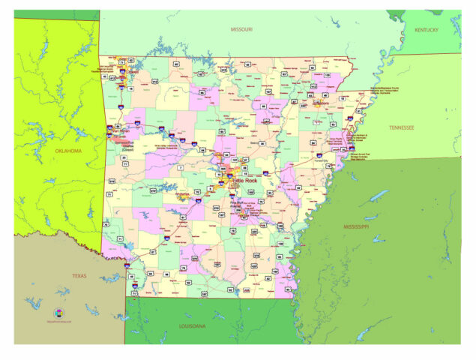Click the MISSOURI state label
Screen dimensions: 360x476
coord(241,30)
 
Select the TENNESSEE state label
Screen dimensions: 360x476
coord(406,127)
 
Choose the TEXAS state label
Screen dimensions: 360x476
coord(79,275)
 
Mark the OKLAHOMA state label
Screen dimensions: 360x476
coord(68,151)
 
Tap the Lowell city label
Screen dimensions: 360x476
coord(133,73)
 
